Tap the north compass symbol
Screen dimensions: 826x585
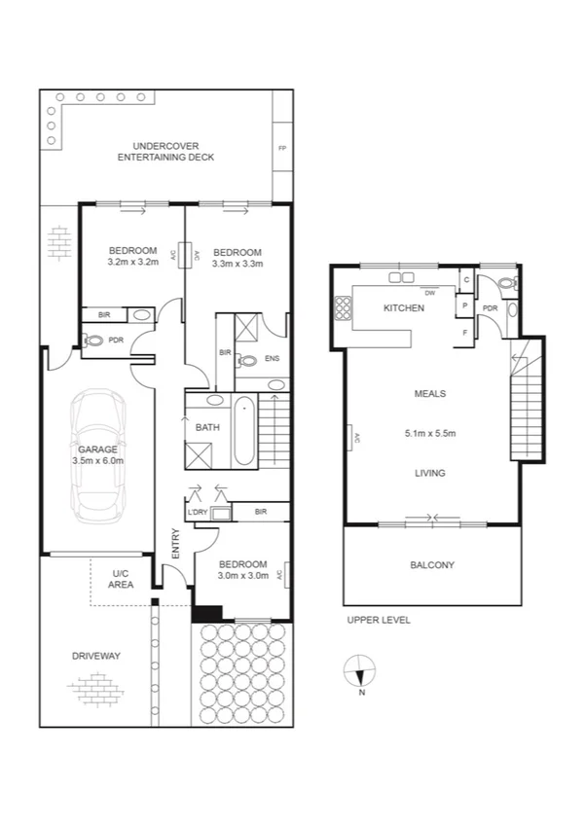[362, 672]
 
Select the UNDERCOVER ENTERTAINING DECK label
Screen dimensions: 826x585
[165, 152]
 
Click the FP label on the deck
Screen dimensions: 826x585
[282, 149]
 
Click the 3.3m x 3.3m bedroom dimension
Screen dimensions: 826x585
[237, 262]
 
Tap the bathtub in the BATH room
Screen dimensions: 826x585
[244, 429]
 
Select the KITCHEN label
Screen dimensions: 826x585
[404, 308]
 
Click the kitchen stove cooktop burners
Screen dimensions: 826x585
[343, 308]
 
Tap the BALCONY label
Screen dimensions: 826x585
[433, 565]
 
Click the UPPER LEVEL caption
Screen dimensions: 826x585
[379, 620]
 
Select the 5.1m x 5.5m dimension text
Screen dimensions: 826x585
[430, 433]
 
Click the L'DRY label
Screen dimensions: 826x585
[199, 512]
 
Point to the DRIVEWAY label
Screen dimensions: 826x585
[95, 656]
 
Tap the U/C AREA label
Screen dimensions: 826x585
[122, 579]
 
